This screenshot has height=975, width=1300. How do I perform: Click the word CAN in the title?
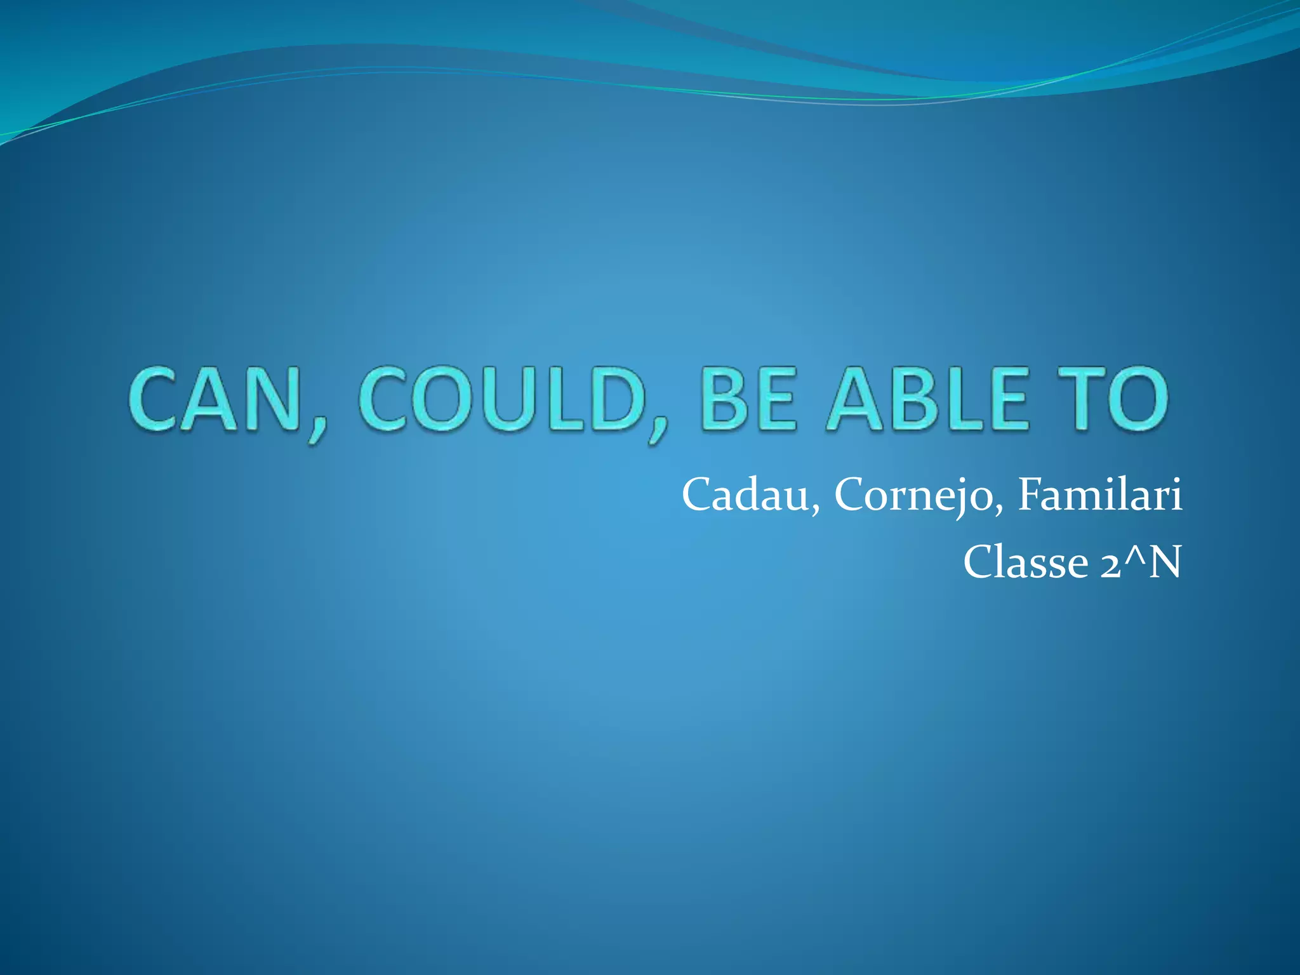[x=213, y=401]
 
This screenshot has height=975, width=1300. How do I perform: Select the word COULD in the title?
[x=501, y=401]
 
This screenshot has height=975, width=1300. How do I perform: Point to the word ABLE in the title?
[x=927, y=401]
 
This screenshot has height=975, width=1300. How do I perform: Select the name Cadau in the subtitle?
[x=745, y=494]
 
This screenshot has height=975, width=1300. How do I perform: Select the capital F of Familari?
[x=1031, y=494]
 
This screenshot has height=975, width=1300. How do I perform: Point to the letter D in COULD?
[x=613, y=401]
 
